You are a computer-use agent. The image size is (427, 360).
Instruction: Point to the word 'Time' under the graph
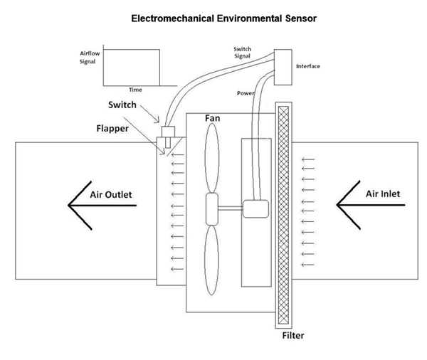click(x=135, y=90)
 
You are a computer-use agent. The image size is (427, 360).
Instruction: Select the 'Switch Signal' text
click(x=243, y=52)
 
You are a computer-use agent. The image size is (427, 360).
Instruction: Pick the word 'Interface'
click(x=307, y=66)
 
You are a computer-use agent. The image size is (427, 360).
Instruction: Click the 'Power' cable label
click(x=247, y=93)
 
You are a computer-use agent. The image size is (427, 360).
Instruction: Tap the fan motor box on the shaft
click(x=255, y=208)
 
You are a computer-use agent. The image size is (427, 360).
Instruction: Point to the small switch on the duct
click(x=169, y=134)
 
